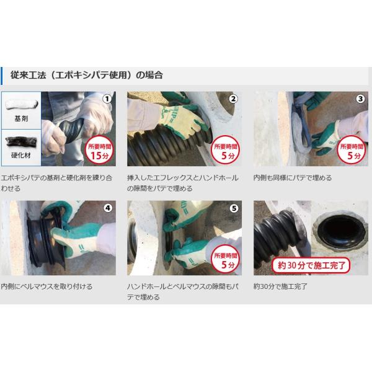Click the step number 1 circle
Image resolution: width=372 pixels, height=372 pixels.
coord(107,99)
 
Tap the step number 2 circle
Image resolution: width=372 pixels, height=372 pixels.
coord(233,99)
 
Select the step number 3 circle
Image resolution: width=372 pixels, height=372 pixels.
coord(360,99)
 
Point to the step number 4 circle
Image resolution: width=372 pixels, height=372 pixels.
coord(108,208)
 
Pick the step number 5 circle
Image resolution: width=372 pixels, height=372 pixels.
coord(234,208)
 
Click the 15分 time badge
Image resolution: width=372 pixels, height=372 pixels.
coord(99,151)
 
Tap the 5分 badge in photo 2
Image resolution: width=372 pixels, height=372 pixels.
coord(226,151)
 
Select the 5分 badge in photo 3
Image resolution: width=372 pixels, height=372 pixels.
coord(352,151)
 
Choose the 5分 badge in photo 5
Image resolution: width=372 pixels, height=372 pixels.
coord(226,260)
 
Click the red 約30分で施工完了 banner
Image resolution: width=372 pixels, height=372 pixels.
coord(311,265)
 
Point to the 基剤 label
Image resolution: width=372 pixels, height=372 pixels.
coord(21,118)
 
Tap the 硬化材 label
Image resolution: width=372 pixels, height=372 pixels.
coord(21,155)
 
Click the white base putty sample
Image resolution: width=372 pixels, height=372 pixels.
coord(22,104)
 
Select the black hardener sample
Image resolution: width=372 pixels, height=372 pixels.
coord(21,141)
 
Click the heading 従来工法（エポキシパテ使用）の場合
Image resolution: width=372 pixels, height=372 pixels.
coord(86,75)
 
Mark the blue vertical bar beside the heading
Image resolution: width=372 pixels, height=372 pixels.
coord(1,76)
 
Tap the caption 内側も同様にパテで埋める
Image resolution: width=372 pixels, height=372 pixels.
coord(292,178)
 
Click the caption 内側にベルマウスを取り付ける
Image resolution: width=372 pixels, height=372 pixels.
coord(46,286)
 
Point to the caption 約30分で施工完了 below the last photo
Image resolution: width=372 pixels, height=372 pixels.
coord(280,286)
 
